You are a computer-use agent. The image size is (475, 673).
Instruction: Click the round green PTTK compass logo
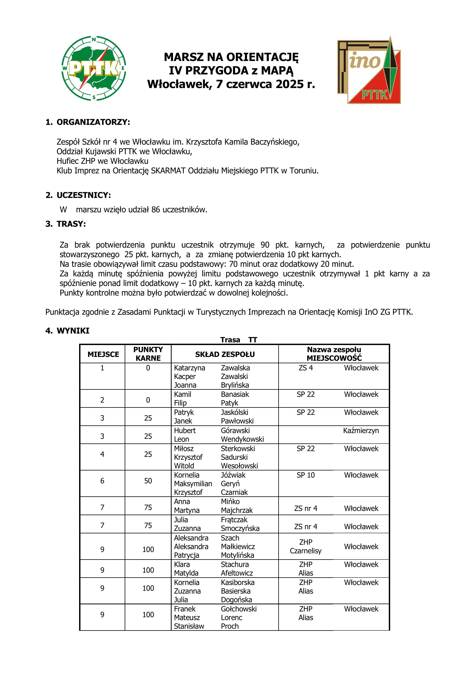coord(94,68)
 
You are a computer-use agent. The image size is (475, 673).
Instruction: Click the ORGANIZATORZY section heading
coord(93,122)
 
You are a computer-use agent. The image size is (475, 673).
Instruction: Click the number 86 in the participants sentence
coord(155,210)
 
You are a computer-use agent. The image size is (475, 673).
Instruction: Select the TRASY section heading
coord(71,224)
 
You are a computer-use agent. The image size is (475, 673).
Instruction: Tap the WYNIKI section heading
coord(73,331)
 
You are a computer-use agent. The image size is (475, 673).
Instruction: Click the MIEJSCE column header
coord(103,354)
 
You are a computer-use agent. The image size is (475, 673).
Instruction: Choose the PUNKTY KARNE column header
coord(148,354)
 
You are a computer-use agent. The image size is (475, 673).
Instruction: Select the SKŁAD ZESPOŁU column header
coord(225,354)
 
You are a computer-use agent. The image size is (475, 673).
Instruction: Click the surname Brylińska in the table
coord(235,385)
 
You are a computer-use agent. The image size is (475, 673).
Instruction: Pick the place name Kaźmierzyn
coord(361,431)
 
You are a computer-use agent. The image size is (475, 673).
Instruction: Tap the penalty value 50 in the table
coord(148,481)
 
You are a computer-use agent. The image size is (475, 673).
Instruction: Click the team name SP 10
coord(305,475)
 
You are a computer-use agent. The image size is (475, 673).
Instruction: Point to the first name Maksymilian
coord(193,484)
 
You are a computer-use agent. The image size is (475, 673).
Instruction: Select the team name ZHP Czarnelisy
coord(305,546)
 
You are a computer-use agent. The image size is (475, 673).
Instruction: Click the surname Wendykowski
coord(242,439)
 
